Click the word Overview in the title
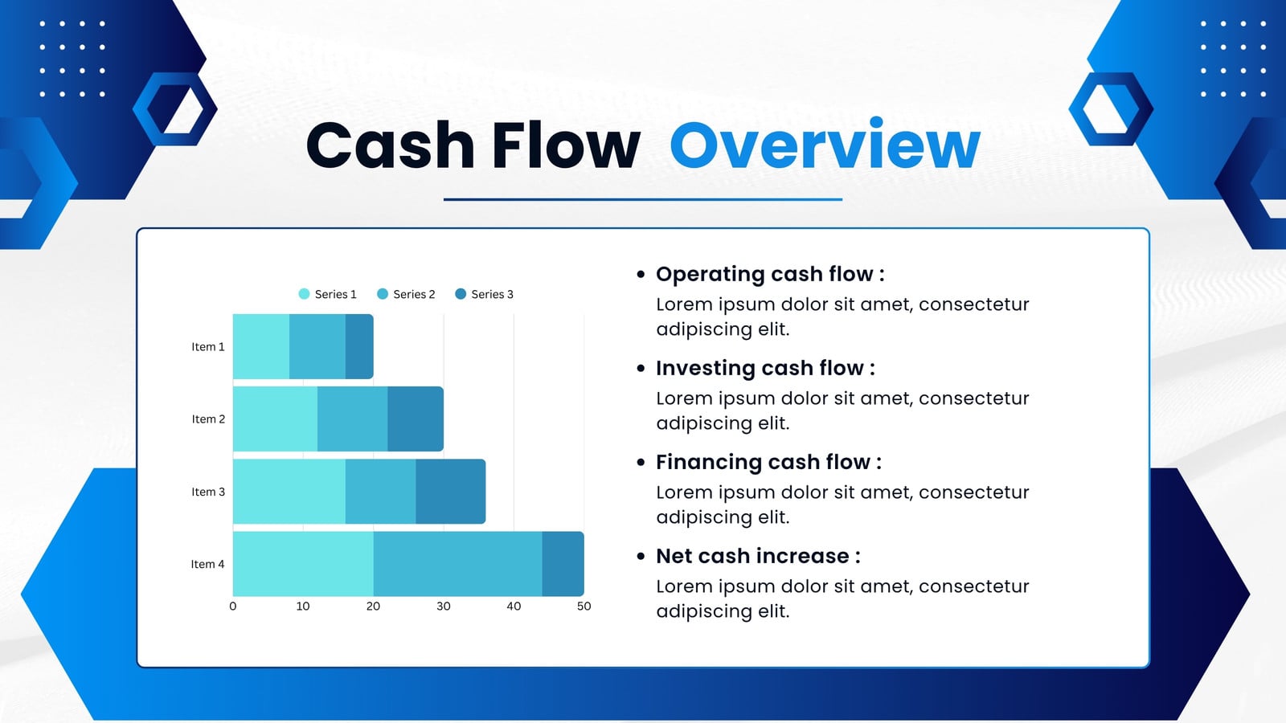pyautogui.click(x=825, y=145)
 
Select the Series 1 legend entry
pyautogui.click(x=327, y=294)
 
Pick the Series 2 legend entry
pyautogui.click(x=406, y=294)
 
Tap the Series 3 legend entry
pyautogui.click(x=484, y=294)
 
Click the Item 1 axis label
pyautogui.click(x=208, y=346)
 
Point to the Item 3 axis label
pyautogui.click(x=208, y=492)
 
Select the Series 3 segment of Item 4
pyautogui.click(x=563, y=564)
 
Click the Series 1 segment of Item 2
pyautogui.click(x=275, y=419)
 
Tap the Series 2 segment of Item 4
pyautogui.click(x=457, y=564)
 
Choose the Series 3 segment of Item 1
pyautogui.click(x=359, y=346)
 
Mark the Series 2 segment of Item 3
pyautogui.click(x=381, y=492)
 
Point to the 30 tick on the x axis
pyautogui.click(x=443, y=607)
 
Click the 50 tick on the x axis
pyautogui.click(x=584, y=607)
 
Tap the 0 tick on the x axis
pyautogui.click(x=232, y=607)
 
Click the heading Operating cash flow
pyautogui.click(x=770, y=274)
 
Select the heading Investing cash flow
pyautogui.click(x=765, y=369)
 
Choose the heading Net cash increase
pyautogui.click(x=758, y=556)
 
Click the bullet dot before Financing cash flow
pyautogui.click(x=641, y=463)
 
